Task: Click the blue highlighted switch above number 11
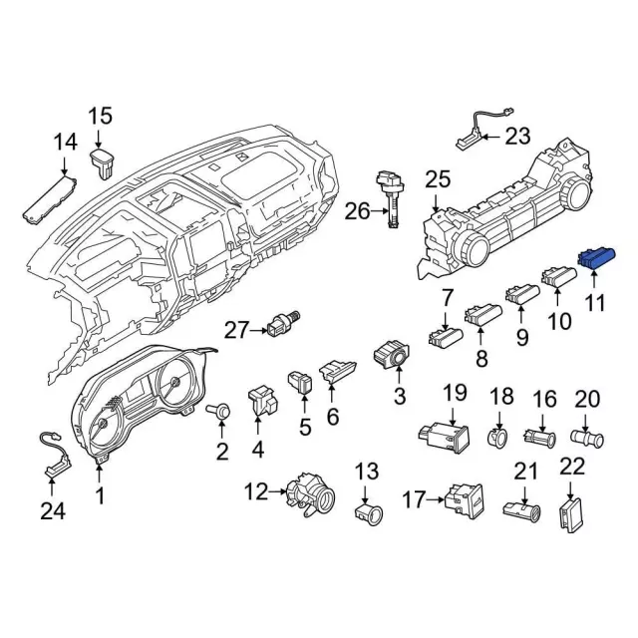[x=597, y=257]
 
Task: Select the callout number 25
[x=438, y=179]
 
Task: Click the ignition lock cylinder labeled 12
[x=310, y=493]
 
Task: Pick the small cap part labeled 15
[x=103, y=162]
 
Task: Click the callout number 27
[x=236, y=330]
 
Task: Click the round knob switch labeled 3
[x=391, y=355]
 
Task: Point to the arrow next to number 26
[x=380, y=210]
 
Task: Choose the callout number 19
[x=455, y=393]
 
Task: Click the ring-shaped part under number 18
[x=497, y=438]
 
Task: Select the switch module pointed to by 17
[x=464, y=501]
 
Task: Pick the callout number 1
[x=100, y=495]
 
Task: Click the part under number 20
[x=587, y=439]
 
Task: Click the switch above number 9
[x=522, y=295]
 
